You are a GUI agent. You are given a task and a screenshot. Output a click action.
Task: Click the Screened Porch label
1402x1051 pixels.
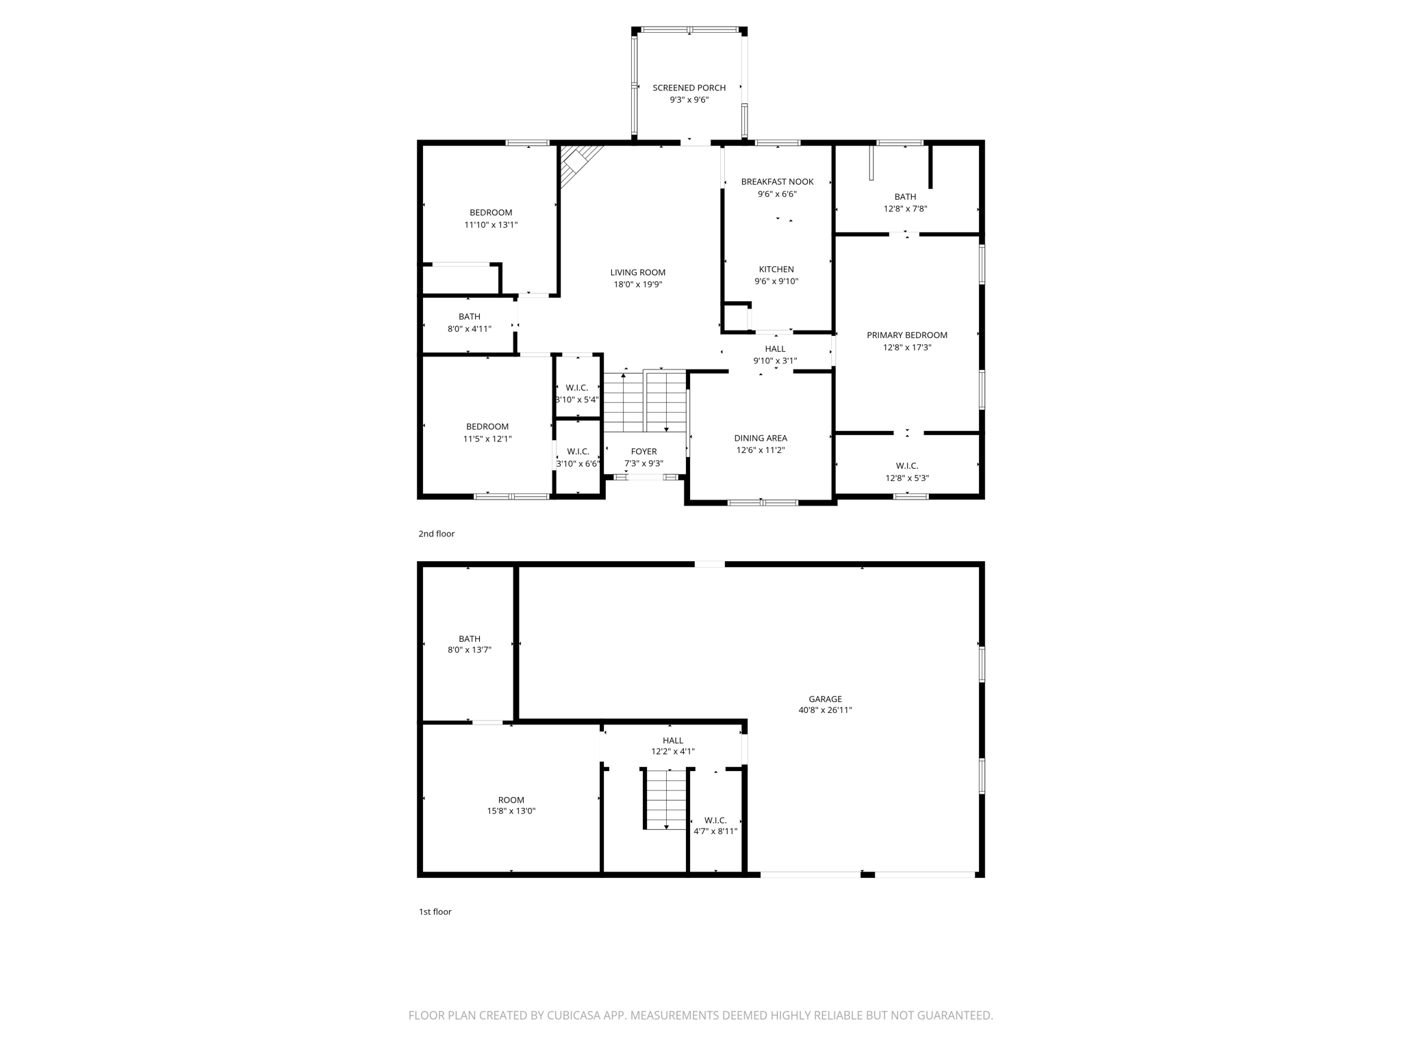(689, 88)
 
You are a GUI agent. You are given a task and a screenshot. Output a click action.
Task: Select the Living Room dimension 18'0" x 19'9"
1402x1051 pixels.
(637, 285)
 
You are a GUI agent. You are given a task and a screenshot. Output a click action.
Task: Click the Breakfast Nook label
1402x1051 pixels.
(777, 181)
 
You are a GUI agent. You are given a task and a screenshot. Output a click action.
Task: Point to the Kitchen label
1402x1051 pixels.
(776, 269)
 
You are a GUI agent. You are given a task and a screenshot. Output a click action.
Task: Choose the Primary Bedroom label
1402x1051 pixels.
(907, 335)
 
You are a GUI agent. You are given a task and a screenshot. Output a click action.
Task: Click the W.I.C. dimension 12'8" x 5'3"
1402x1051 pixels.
(907, 478)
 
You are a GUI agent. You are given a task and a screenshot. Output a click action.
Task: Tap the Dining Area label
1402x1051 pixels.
(761, 438)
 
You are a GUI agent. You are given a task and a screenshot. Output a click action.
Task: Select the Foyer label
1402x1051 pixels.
(643, 451)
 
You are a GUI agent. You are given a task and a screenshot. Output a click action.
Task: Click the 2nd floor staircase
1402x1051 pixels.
(644, 402)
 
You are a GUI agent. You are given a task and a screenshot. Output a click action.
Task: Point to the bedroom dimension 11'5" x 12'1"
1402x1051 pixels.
(487, 439)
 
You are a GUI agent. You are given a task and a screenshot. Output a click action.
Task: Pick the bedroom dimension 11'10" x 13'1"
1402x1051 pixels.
(491, 224)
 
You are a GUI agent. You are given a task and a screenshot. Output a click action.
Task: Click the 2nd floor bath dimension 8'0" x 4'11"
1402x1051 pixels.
(469, 328)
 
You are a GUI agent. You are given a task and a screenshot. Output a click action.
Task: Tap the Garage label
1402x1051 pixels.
(825, 699)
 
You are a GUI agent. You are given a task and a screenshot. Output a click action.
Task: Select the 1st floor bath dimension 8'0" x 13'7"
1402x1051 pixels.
(469, 650)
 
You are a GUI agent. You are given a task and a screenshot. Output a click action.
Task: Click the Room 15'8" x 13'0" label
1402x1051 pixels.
(511, 800)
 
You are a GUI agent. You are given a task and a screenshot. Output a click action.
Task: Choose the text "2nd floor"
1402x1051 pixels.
(437, 534)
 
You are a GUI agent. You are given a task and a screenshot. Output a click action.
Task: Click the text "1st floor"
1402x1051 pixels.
(435, 911)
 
